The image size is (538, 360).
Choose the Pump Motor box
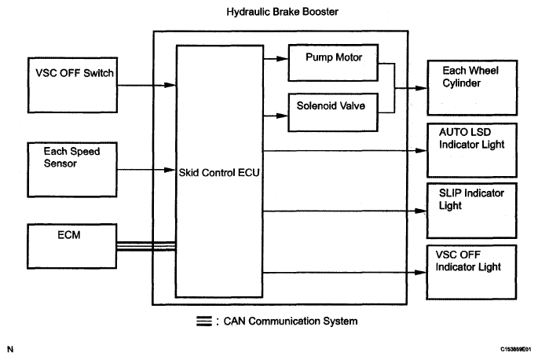[x=334, y=57]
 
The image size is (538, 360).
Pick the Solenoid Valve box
[x=334, y=104]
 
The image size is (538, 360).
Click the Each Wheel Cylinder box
[x=472, y=86]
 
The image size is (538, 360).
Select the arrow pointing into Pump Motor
[x=277, y=57]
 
